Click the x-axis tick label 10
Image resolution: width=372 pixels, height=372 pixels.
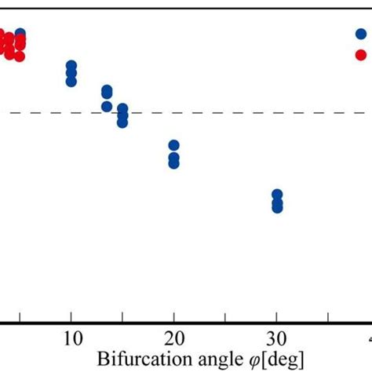71,339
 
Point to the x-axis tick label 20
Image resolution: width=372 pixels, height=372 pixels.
173,339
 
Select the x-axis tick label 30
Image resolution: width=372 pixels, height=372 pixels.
276,339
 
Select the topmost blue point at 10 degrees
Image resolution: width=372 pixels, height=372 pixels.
71,66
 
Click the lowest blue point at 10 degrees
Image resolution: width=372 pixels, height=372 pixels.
71,81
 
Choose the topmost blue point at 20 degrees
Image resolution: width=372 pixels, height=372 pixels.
173,146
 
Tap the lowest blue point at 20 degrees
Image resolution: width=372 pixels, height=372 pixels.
173,163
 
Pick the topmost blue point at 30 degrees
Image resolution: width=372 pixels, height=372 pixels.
276,195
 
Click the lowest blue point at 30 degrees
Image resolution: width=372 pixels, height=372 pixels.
276,207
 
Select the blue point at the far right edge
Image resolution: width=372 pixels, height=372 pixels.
361,34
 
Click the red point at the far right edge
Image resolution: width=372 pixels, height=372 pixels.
361,54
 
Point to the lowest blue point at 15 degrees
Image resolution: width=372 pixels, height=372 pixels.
122,122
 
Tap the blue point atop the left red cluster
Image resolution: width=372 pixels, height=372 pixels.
20,35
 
